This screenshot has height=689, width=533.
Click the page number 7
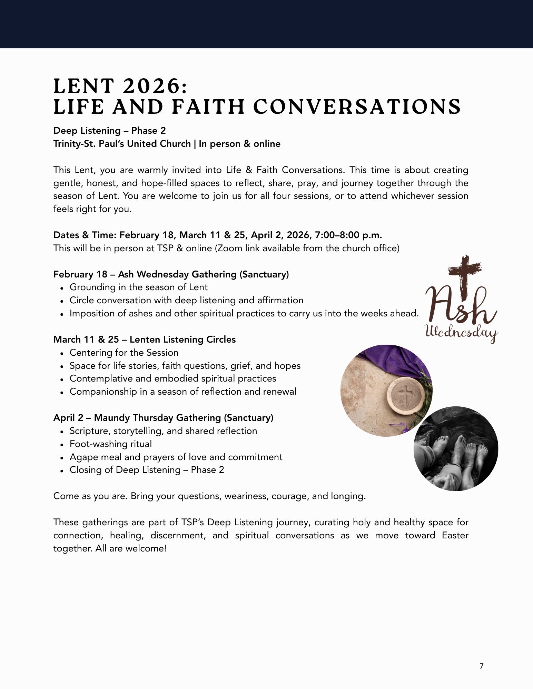click(482, 666)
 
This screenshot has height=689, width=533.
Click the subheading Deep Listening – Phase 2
click(109, 131)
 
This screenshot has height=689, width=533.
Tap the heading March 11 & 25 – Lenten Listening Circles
click(144, 340)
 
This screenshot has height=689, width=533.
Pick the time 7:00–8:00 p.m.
click(348, 235)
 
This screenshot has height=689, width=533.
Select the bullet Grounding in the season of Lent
click(138, 287)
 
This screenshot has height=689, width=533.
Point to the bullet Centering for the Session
click(124, 353)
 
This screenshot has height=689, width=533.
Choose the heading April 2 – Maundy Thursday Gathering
click(163, 418)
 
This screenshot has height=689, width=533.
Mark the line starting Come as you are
click(209, 496)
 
